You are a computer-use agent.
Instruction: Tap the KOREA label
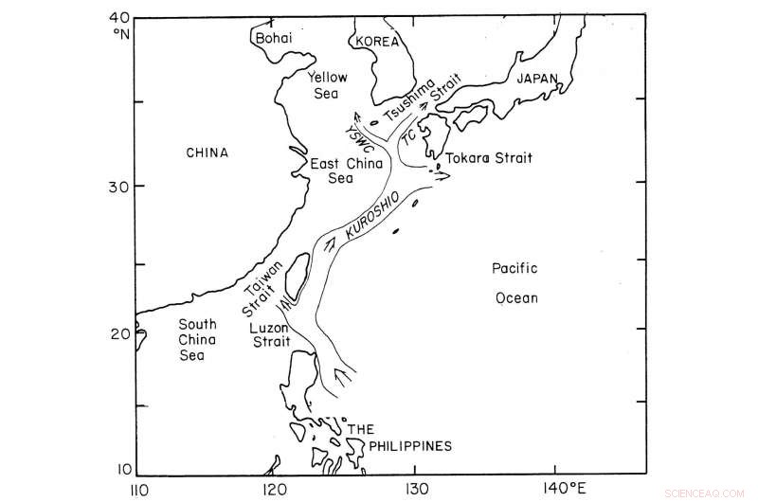[375, 42]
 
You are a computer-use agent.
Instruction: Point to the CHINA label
[208, 152]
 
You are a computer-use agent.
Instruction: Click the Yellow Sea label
[328, 86]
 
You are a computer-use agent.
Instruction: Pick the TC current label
[408, 136]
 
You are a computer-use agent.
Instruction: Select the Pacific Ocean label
[515, 283]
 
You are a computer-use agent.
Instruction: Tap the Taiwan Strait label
[262, 285]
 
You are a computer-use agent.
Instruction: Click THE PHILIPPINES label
[398, 438]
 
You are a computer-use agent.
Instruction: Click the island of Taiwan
[297, 272]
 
